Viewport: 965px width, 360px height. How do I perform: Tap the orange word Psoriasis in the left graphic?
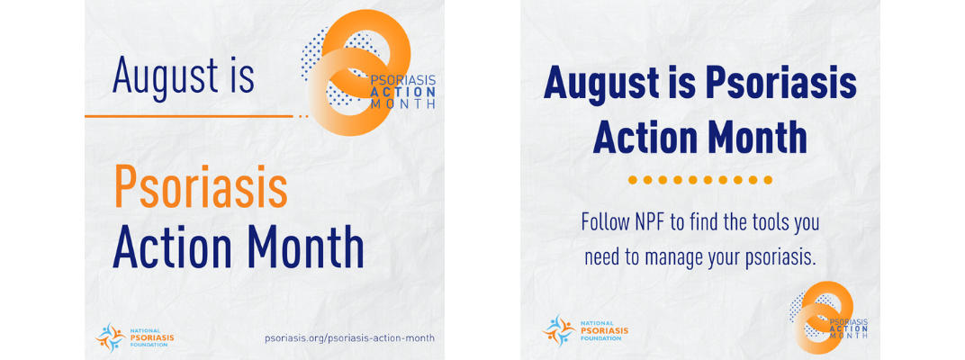(201, 186)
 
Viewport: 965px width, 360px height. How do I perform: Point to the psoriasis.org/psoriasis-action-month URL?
(349, 337)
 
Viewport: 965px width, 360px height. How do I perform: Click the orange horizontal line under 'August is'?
(189, 116)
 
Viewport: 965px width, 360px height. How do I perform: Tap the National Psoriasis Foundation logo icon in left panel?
(110, 336)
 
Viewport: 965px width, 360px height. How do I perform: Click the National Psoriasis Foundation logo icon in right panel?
(558, 328)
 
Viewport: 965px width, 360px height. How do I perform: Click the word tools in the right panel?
(761, 223)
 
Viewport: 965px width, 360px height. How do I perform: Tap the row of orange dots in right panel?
(699, 180)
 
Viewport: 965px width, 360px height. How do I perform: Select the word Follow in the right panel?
(605, 223)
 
